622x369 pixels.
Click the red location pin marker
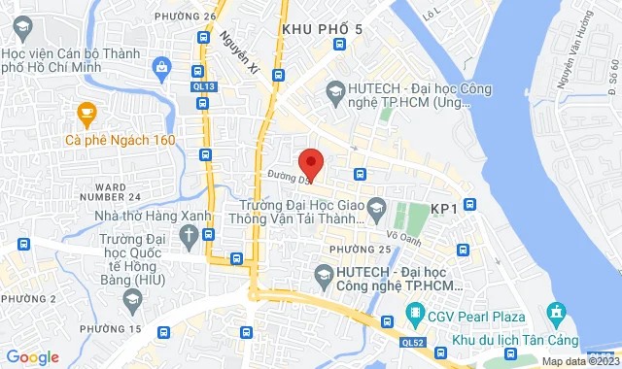[x=310, y=163]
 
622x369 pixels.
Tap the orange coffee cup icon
[x=86, y=115]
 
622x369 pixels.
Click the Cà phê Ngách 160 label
[x=120, y=140]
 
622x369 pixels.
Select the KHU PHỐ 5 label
[x=322, y=30]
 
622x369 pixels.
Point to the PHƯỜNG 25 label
[x=360, y=250]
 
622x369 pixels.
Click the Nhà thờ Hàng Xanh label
[x=124, y=215]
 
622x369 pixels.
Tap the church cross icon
[x=188, y=235]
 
